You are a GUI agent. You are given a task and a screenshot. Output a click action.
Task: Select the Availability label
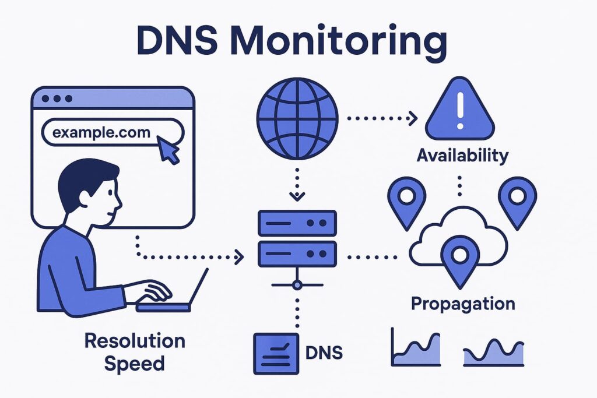[462, 156]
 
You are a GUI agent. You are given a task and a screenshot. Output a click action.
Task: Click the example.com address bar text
[101, 132]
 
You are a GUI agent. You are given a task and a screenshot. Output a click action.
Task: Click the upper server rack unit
[297, 224]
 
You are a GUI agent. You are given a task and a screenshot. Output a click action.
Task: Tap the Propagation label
[463, 304]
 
